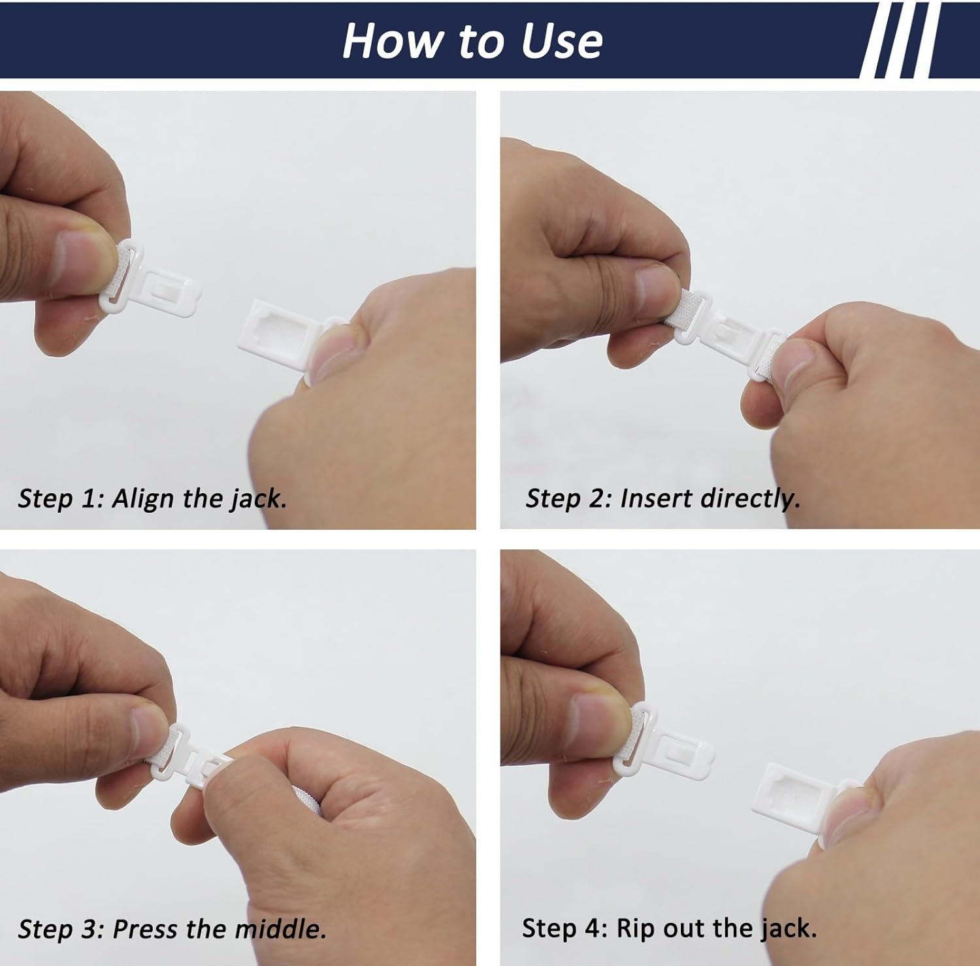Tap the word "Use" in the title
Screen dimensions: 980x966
561,41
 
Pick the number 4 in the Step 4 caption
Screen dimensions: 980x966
596,928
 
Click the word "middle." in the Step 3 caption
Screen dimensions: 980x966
281,928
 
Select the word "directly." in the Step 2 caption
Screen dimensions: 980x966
750,498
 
